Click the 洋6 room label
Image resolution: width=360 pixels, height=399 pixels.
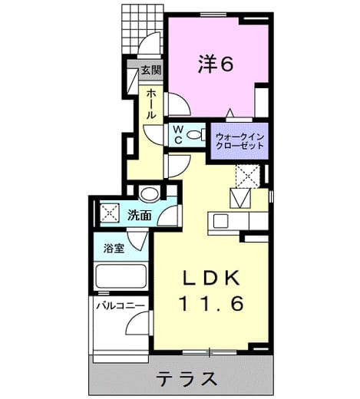tap(216, 64)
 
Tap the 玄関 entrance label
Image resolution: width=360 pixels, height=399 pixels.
tap(151, 70)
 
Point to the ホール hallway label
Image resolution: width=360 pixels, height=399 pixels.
tap(151, 104)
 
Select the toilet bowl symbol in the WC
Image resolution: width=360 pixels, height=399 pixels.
tap(193, 134)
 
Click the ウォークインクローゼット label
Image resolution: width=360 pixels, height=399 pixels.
tap(239, 141)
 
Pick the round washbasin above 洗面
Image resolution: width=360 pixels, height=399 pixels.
tap(149, 194)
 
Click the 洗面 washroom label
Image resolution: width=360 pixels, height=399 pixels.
tap(140, 215)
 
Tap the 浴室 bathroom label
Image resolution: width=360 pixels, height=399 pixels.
tap(114, 248)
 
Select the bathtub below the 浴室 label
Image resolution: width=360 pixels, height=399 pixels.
tap(121, 276)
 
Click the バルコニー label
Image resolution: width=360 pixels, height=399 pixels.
tap(121, 305)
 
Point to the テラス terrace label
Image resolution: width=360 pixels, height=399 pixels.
tap(187, 379)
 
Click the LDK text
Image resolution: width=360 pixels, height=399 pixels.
tap(211, 278)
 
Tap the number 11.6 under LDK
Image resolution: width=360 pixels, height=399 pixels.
tap(212, 303)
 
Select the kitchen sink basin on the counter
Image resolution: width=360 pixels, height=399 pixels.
tap(220, 221)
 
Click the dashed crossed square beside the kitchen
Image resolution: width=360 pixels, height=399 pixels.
tap(248, 176)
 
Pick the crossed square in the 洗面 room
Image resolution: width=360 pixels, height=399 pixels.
tap(110, 213)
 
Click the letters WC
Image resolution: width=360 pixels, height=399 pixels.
tap(178, 135)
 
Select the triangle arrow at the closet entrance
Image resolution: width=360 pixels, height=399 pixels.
tap(230, 114)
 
